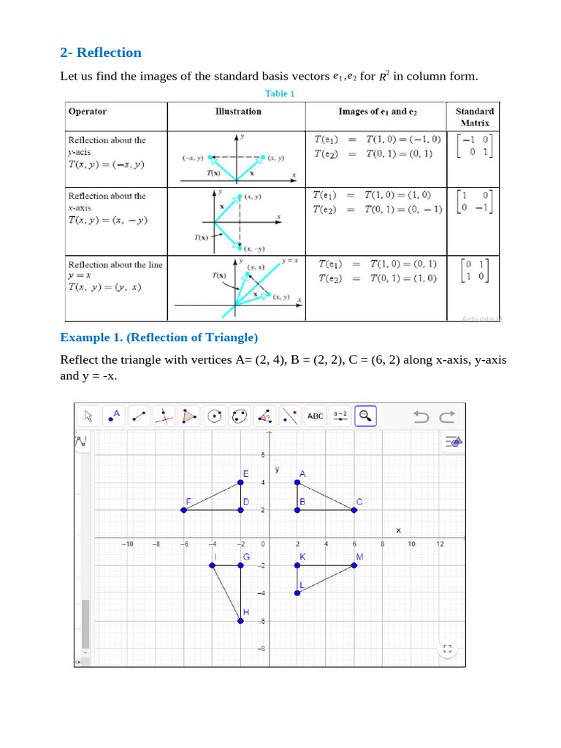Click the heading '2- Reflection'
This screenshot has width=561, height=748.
click(101, 53)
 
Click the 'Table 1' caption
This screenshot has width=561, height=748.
click(280, 93)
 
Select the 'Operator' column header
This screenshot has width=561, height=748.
click(87, 112)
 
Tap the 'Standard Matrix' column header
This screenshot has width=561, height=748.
click(474, 117)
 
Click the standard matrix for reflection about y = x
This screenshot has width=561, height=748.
click(474, 271)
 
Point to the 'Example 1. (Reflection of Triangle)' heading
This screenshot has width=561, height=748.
click(159, 337)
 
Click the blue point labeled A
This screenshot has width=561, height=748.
click(297, 482)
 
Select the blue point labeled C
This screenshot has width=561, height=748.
click(354, 510)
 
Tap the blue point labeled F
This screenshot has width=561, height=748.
click(184, 510)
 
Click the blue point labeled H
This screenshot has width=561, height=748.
click(241, 620)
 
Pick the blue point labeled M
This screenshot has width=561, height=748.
click(354, 565)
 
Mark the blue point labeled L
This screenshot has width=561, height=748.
click(297, 592)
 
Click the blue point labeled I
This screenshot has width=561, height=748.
click(213, 565)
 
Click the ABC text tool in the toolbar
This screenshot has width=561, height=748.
click(315, 416)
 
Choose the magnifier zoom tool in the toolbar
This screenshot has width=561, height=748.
click(365, 416)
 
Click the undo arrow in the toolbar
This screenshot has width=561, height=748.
click(421, 416)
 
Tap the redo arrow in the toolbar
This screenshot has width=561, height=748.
click(447, 416)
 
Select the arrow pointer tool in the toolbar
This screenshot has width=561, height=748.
click(88, 416)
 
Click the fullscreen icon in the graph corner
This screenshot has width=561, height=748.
click(448, 649)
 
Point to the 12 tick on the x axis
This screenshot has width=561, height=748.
click(440, 544)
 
